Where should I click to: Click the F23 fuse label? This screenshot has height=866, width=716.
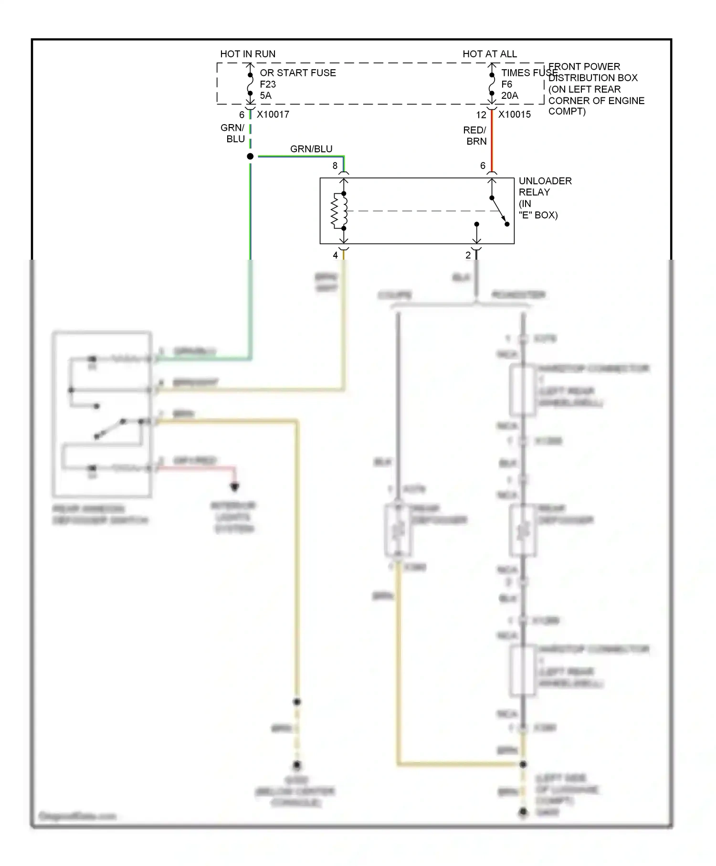point(268,84)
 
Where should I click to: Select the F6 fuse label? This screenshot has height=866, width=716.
point(506,84)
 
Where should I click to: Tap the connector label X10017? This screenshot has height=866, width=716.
point(273,115)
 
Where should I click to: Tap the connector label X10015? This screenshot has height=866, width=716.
point(515,115)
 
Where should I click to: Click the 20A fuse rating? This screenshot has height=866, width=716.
point(509,95)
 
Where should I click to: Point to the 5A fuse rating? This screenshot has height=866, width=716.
point(265,95)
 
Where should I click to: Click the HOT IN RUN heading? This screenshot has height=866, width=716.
point(248,54)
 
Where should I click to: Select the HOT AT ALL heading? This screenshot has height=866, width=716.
point(490,54)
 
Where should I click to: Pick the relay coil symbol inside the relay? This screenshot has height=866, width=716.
point(340,211)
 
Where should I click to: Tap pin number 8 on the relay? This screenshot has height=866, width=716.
point(335,166)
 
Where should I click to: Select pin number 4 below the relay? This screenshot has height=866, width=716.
point(335,255)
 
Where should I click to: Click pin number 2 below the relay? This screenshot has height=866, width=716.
point(468,255)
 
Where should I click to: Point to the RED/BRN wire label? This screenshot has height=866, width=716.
point(475,136)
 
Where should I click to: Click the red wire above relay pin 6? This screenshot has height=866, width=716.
point(492,143)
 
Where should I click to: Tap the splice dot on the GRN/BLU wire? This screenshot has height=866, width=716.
point(250,157)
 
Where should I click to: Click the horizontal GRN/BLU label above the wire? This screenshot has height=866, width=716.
point(311,149)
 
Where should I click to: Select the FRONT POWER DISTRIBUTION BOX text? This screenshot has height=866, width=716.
point(596,89)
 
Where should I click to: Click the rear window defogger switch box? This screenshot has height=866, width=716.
point(102,414)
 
